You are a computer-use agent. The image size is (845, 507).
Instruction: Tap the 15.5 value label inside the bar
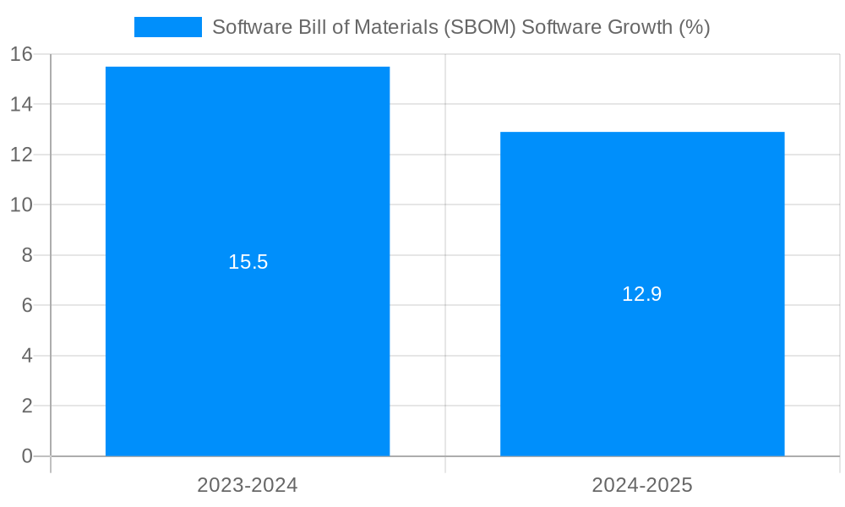pyautogui.click(x=248, y=262)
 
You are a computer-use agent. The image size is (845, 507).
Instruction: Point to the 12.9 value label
pyautogui.click(x=642, y=294)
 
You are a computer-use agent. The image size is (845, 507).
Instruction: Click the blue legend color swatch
pyautogui.click(x=168, y=27)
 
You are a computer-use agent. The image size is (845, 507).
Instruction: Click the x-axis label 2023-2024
pyautogui.click(x=248, y=485)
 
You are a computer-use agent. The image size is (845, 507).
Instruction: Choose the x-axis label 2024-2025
pyautogui.click(x=642, y=485)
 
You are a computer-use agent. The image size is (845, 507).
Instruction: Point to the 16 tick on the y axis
pyautogui.click(x=21, y=54)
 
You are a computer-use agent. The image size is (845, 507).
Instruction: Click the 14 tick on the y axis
pyautogui.click(x=21, y=105)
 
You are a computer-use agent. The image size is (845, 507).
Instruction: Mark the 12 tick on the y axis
pyautogui.click(x=21, y=155)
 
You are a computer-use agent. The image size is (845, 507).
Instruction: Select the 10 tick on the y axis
pyautogui.click(x=21, y=205)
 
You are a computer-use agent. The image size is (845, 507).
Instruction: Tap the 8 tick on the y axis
pyautogui.click(x=27, y=255)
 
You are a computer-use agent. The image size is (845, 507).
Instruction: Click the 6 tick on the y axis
pyautogui.click(x=27, y=305)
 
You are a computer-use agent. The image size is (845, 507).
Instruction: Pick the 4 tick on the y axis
pyautogui.click(x=27, y=356)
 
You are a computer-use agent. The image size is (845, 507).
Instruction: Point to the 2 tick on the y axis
pyautogui.click(x=27, y=406)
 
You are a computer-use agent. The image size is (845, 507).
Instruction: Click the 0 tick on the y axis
pyautogui.click(x=27, y=456)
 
